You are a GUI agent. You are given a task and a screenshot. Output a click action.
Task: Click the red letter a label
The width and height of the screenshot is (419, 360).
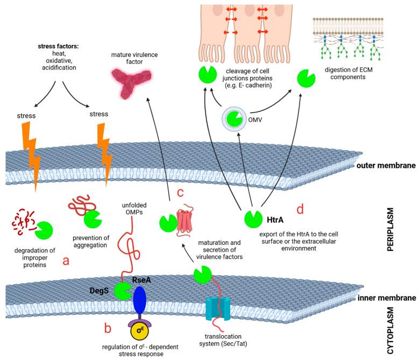tap(66, 261)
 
